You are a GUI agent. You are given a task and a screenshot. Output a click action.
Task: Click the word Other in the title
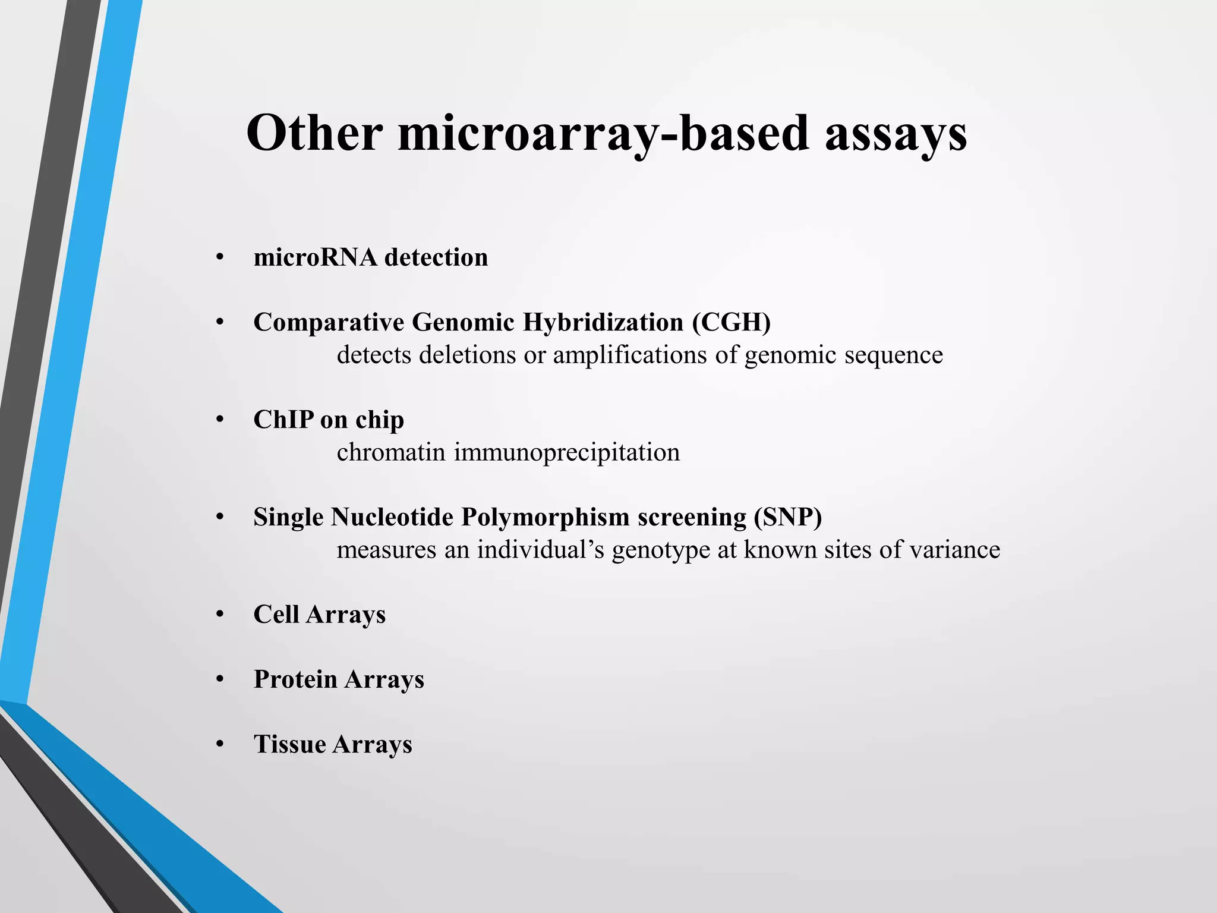[314, 133]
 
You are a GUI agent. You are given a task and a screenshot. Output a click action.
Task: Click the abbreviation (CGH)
[731, 322]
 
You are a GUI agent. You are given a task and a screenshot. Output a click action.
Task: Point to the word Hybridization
[603, 322]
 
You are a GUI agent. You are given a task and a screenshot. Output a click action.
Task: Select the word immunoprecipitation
[567, 452]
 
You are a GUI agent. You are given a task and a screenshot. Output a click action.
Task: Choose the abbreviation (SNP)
[788, 517]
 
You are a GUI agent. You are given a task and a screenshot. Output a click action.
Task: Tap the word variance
[955, 550]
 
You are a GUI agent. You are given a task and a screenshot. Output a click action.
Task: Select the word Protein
[295, 679]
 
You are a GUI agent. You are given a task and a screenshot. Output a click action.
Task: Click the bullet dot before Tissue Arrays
[220, 744]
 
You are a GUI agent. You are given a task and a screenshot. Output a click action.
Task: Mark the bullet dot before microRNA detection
[220, 257]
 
